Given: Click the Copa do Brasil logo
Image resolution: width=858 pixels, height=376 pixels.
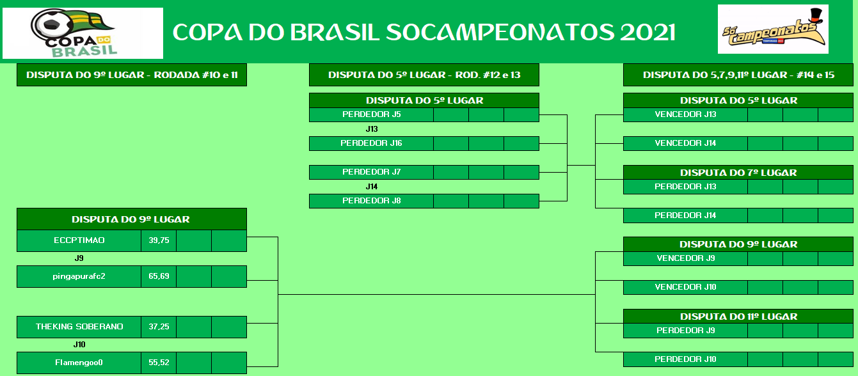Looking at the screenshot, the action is click(83, 33).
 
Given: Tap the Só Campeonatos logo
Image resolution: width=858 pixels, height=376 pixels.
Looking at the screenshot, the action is click(773, 29).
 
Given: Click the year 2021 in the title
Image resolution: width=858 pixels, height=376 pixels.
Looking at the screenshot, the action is click(647, 32).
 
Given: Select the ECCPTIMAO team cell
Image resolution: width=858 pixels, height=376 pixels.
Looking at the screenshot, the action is click(79, 240).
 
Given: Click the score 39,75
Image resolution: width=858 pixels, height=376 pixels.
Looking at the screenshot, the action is click(159, 240).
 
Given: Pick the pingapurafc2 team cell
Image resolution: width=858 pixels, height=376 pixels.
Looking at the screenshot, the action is click(79, 276).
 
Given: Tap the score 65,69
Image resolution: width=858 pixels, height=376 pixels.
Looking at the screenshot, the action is click(159, 276).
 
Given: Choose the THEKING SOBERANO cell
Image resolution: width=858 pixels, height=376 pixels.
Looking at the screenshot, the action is click(79, 327).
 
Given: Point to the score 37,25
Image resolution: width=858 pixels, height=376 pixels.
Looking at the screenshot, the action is click(159, 327).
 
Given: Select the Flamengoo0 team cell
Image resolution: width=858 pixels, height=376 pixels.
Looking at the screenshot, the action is click(79, 363).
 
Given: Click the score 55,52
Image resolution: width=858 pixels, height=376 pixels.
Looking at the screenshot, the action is click(159, 363).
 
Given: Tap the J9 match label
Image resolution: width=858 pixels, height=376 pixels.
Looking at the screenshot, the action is click(79, 258).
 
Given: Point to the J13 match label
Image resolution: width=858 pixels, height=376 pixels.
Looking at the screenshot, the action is click(372, 129).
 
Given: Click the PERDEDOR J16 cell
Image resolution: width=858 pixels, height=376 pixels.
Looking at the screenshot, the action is click(371, 143).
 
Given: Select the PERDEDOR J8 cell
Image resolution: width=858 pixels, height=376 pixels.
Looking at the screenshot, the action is click(371, 201).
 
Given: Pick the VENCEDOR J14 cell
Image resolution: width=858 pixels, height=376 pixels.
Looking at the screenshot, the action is click(685, 143).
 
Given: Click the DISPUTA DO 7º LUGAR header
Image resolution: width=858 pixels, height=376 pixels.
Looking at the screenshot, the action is click(738, 173).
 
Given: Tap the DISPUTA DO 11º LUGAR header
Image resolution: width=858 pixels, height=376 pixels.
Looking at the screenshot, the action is click(738, 317).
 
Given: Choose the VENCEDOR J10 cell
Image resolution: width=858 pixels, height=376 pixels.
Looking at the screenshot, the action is click(685, 287).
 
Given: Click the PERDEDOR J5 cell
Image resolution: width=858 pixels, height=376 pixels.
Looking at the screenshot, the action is click(371, 114).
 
